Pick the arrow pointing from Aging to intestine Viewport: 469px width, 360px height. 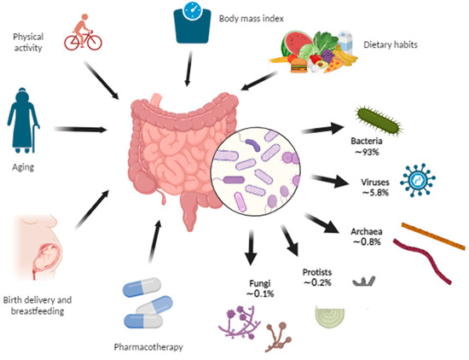click(x=80, y=131)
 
